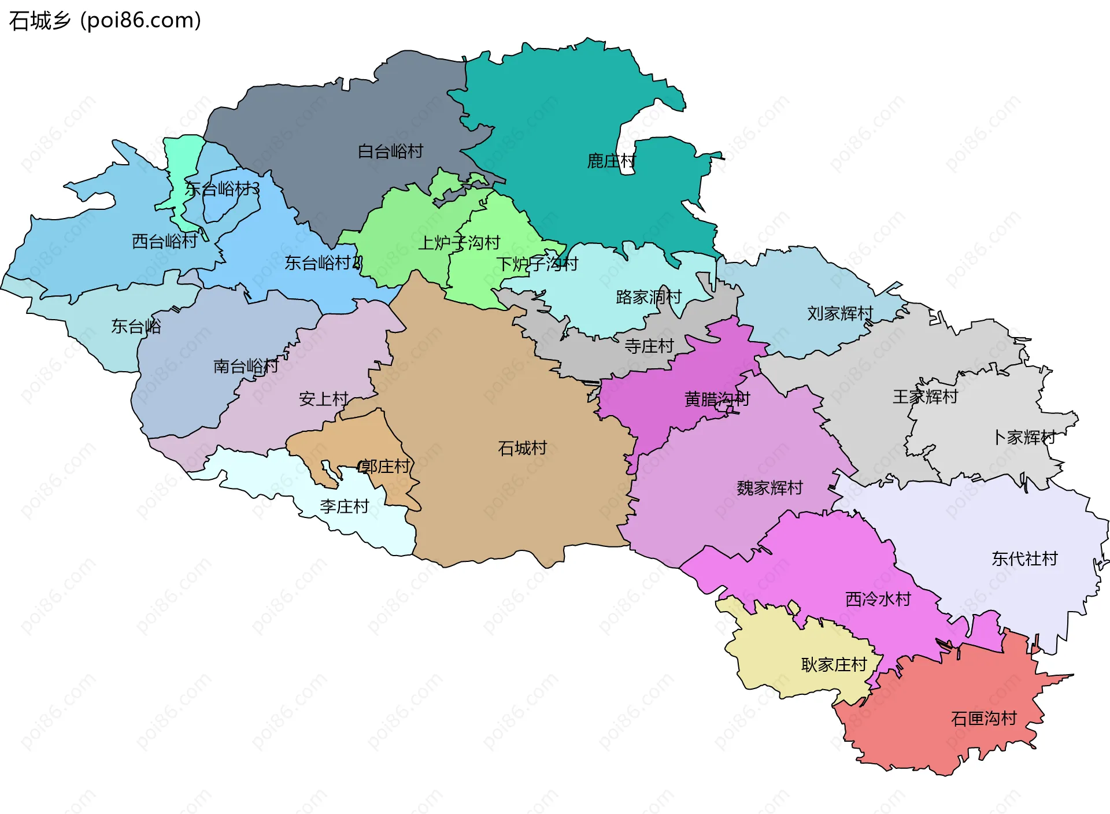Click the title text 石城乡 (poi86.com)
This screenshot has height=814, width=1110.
coord(105,20)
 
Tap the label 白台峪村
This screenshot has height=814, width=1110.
coord(390,151)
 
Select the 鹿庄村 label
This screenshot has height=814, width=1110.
coord(611,161)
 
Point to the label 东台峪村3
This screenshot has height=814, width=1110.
coord(222,188)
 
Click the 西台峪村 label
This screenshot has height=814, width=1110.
coord(165,241)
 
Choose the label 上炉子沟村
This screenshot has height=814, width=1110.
coord(458,243)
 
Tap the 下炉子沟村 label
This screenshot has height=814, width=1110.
coord(536,264)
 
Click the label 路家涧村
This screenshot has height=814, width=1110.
coord(649,297)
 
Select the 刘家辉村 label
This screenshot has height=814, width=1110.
coord(839,313)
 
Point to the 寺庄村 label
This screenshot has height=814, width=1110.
coord(649,346)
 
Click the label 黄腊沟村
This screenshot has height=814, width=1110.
coord(716,399)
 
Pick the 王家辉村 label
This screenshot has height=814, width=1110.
coord(925,397)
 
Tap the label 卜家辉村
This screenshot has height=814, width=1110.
coord(1024,437)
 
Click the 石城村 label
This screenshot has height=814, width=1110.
coord(522,448)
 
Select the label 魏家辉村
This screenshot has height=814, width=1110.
coord(769,488)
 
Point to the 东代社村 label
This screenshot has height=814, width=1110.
coord(1024,558)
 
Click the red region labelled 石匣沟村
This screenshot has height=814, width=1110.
coord(983,719)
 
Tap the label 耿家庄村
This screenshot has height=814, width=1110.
coord(834,665)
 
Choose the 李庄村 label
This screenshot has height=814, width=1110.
coord(344,506)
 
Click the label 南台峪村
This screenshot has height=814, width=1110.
coord(246,366)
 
